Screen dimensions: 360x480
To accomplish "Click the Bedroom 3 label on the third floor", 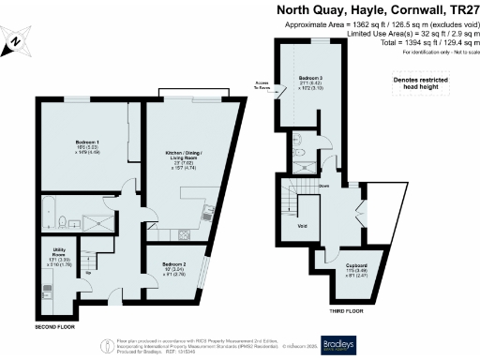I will [310, 78].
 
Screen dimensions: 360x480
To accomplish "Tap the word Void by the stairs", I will [302, 226].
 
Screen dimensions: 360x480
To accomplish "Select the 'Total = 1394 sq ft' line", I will [420, 43].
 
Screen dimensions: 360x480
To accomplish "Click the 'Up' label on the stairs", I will [90, 274].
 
